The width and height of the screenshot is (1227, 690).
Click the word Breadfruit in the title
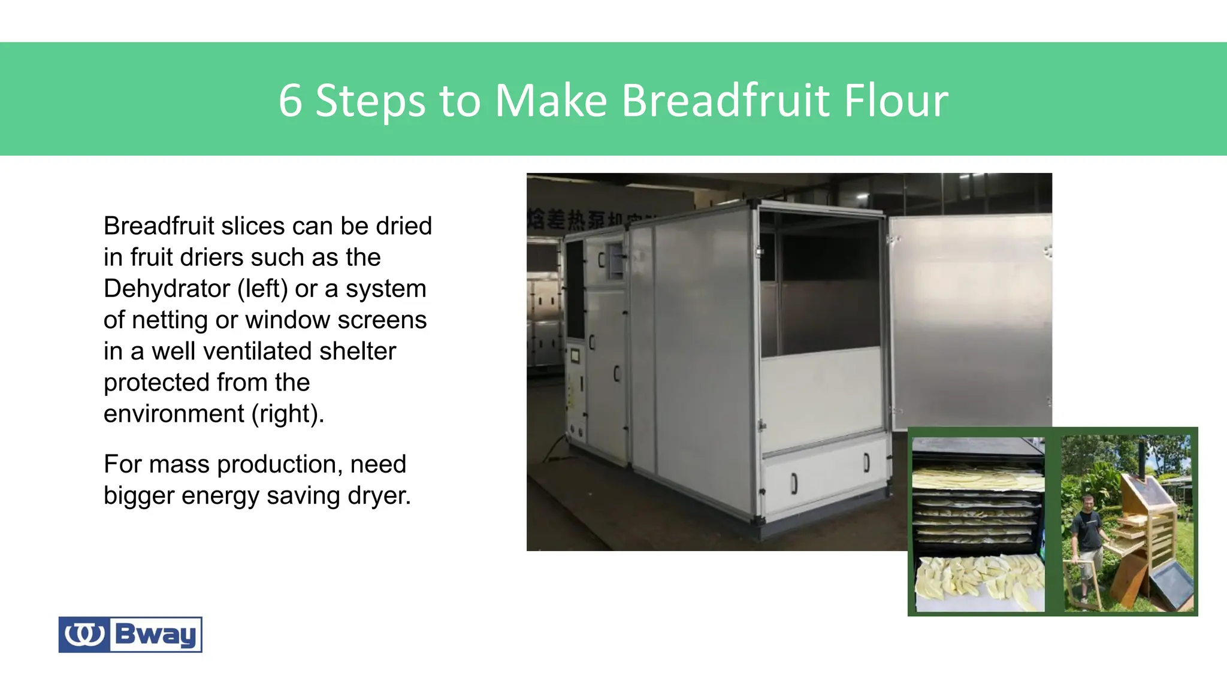[726, 100]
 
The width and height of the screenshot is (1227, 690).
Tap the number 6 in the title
[290, 100]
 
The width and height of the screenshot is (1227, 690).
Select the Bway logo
[130, 634]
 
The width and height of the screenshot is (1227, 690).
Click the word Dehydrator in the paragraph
[167, 289]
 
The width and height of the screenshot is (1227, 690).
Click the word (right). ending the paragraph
[288, 414]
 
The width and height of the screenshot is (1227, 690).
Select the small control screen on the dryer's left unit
[575, 356]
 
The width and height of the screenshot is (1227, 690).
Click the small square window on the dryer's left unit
[615, 261]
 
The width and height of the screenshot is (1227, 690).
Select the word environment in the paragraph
[174, 414]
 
